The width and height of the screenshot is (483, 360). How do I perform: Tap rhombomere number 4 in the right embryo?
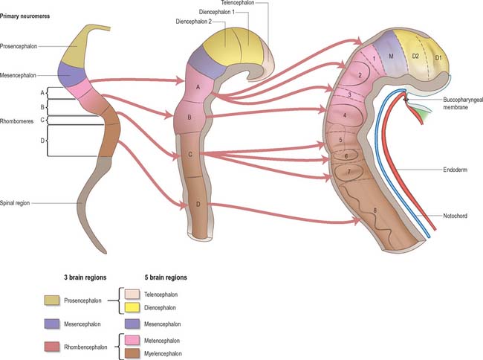pos(344,116)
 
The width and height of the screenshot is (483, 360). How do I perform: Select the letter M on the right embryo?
pos(389,56)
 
